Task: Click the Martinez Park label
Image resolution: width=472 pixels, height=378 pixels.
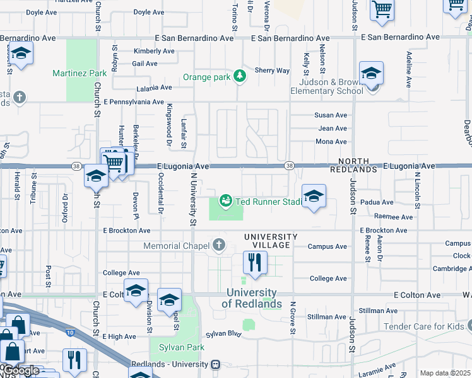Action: (80, 73)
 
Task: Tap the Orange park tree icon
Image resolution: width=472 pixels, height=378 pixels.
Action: (239, 77)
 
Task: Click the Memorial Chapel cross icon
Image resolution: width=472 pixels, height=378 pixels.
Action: (219, 244)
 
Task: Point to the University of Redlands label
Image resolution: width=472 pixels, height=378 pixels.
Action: (252, 299)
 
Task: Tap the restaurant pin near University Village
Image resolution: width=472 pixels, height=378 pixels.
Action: (255, 263)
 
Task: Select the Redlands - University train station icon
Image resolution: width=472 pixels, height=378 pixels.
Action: (216, 365)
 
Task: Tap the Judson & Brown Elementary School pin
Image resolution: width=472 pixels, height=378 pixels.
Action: (371, 74)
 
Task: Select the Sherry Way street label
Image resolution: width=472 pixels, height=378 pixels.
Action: (272, 71)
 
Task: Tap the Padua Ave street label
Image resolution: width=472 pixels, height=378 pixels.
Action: (377, 202)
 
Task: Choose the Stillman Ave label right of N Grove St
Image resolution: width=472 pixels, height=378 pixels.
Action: (378, 311)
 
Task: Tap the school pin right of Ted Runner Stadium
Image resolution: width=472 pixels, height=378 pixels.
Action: (314, 196)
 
